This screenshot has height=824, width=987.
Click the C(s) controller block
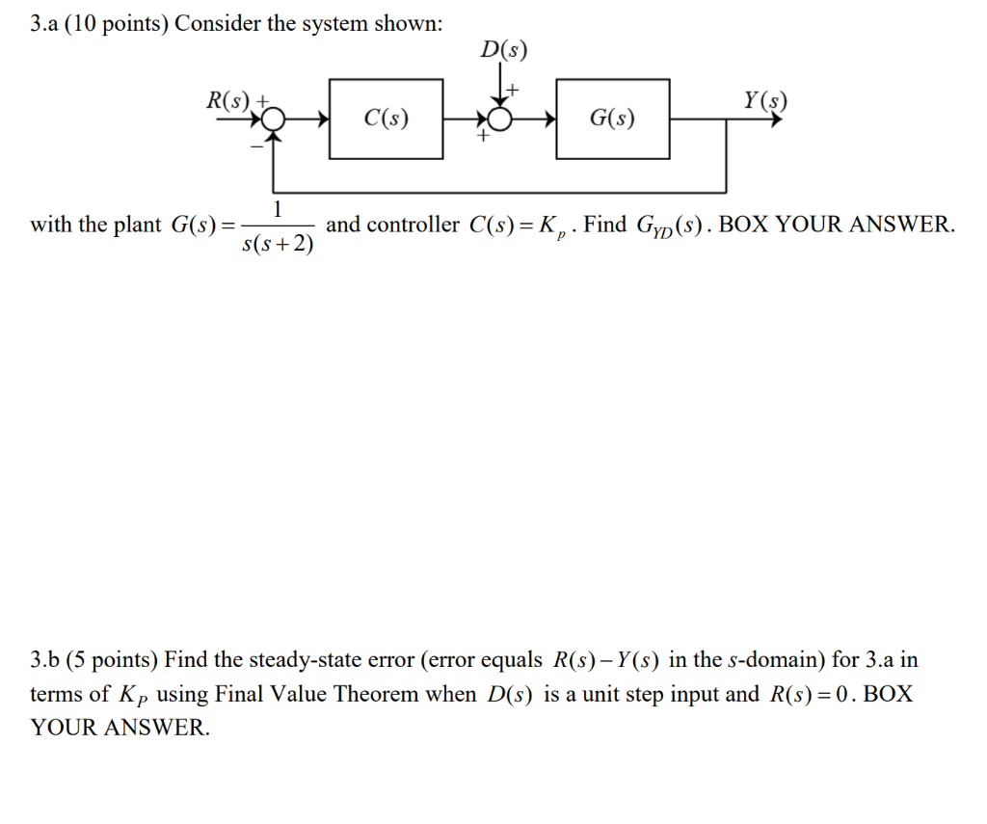386,119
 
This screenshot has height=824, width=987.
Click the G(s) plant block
612,119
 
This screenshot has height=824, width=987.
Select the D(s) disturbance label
504,51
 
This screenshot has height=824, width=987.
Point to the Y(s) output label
765,99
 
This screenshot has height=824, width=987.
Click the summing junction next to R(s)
275,120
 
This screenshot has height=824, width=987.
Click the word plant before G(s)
138,226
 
